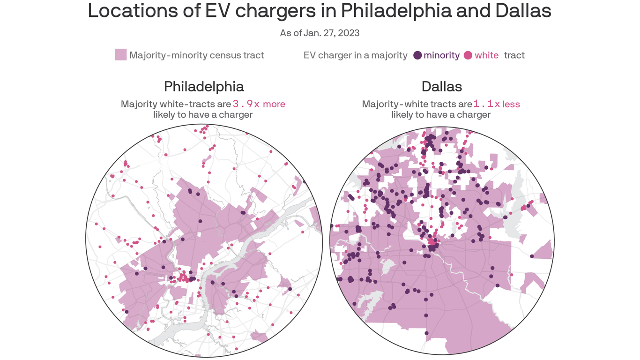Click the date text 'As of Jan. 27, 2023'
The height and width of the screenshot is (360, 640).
tap(320, 33)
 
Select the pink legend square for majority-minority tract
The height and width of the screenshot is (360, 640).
tap(121, 55)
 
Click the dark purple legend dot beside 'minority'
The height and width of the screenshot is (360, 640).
tap(417, 55)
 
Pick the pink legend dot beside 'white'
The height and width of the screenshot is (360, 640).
tap(468, 55)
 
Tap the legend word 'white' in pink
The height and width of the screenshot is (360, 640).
tap(486, 55)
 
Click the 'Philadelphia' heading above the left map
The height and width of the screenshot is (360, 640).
tap(204, 87)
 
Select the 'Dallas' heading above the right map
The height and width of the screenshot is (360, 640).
tap(441, 87)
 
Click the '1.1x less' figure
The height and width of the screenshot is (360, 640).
tap(497, 104)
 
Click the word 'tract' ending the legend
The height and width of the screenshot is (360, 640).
tap(514, 55)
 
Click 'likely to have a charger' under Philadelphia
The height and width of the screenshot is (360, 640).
tap(203, 115)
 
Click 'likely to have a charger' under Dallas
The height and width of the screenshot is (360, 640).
tap(441, 115)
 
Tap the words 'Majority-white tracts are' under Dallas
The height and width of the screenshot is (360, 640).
tap(417, 104)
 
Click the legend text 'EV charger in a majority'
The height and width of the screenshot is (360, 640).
tap(355, 55)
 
